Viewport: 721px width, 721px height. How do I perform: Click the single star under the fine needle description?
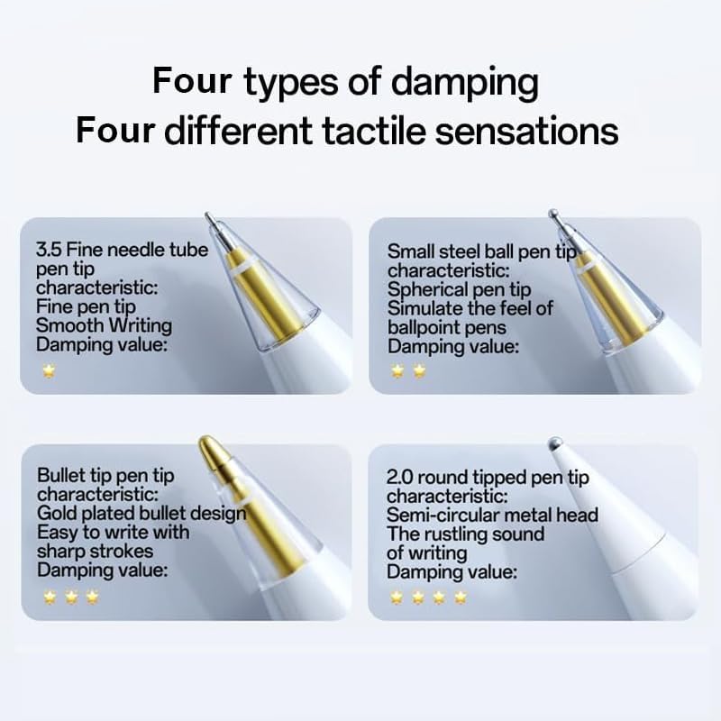pyautogui.click(x=48, y=370)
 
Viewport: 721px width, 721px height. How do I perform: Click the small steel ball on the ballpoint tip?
pyautogui.click(x=553, y=214)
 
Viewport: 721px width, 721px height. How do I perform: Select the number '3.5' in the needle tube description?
pyautogui.click(x=49, y=250)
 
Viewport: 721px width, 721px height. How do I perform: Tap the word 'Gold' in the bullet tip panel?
pyautogui.click(x=59, y=513)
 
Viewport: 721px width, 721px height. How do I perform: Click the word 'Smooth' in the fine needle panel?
pyautogui.click(x=67, y=325)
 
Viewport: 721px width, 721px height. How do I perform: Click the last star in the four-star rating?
pyautogui.click(x=461, y=596)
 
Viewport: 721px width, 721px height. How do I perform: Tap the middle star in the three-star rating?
pyautogui.click(x=70, y=596)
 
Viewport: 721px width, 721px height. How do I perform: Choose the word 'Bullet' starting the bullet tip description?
pyautogui.click(x=62, y=475)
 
